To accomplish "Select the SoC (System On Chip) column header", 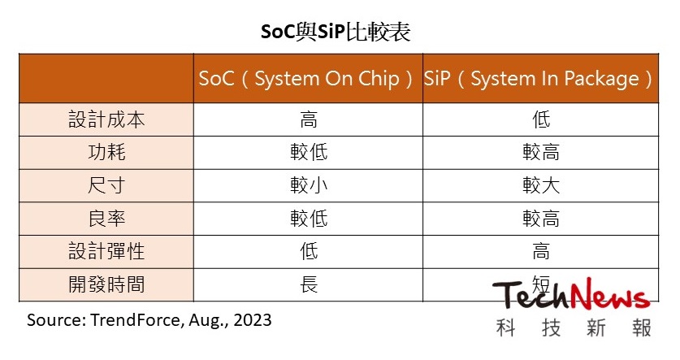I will (308, 79).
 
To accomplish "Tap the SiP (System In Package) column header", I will (540, 79).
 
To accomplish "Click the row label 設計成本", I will (106, 119).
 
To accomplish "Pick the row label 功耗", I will (106, 152).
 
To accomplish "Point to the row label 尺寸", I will (106, 185).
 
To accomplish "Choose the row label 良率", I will (106, 219).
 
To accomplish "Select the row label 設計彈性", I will (106, 252).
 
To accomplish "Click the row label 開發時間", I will (106, 285).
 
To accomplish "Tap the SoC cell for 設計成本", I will (308, 119).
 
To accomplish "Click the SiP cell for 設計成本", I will (541, 119).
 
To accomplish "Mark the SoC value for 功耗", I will (308, 152).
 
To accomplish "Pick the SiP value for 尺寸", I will (541, 185).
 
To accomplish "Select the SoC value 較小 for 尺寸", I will (308, 185).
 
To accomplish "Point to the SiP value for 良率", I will (541, 219).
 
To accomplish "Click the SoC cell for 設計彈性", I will (308, 252).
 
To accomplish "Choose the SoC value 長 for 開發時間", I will (308, 285).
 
